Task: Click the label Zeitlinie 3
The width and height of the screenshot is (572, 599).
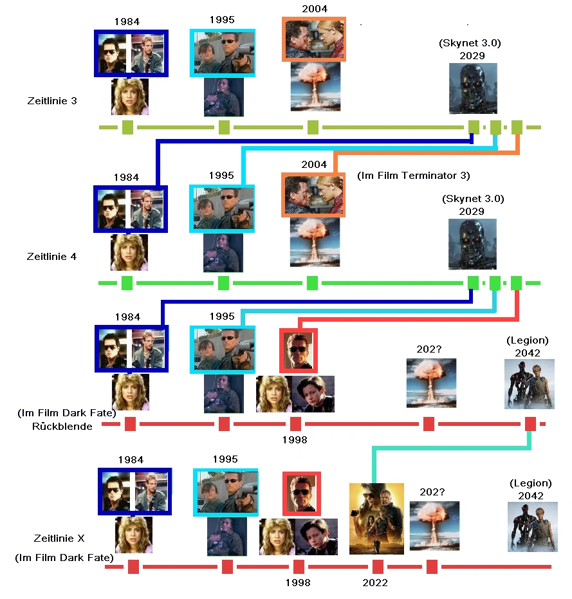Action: coord(52,101)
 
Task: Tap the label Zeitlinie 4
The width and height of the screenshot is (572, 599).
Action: coord(51,256)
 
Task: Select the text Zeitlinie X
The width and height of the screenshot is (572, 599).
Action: coord(59,538)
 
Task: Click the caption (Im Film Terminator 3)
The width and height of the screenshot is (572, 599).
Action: coord(414,176)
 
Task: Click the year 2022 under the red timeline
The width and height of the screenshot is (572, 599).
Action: coord(375,583)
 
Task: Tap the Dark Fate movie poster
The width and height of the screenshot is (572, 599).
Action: coord(376,519)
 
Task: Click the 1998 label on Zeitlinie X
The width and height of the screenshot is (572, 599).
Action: coord(297,583)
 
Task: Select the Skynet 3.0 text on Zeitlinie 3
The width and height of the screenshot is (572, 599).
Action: coord(469,44)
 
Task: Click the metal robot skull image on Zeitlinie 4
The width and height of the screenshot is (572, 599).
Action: coord(472,244)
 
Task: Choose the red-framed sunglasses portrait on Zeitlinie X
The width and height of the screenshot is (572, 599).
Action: coord(302,494)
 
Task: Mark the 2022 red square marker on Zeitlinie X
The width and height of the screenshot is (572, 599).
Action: coord(378,567)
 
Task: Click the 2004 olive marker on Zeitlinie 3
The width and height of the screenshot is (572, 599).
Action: coord(313,127)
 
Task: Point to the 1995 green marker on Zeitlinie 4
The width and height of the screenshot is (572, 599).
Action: coord(223,283)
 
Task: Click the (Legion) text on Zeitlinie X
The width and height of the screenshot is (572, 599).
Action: coord(531,483)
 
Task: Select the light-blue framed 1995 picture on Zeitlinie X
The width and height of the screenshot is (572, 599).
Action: coord(226,492)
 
